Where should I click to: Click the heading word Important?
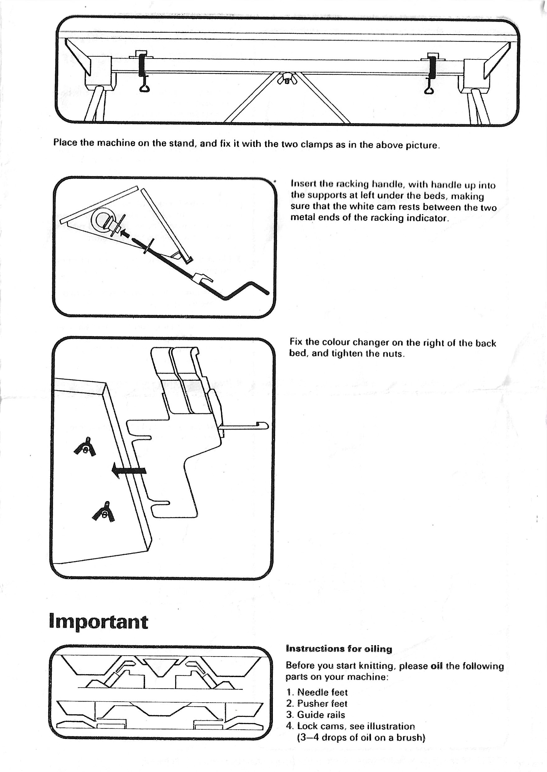(x=98, y=622)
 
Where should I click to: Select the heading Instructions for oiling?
(x=339, y=649)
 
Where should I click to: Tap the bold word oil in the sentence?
(x=437, y=666)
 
